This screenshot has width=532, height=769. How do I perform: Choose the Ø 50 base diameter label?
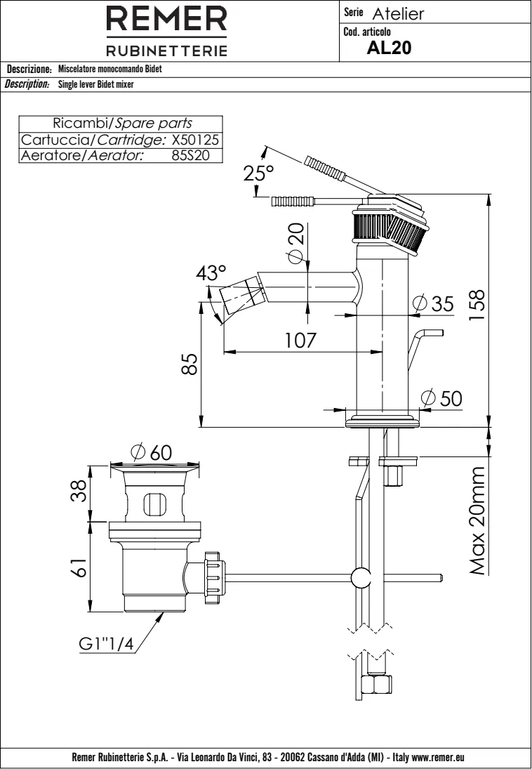click(x=442, y=397)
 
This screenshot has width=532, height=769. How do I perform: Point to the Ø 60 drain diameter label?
click(x=151, y=453)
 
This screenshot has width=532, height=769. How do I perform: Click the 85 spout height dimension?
click(x=187, y=364)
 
